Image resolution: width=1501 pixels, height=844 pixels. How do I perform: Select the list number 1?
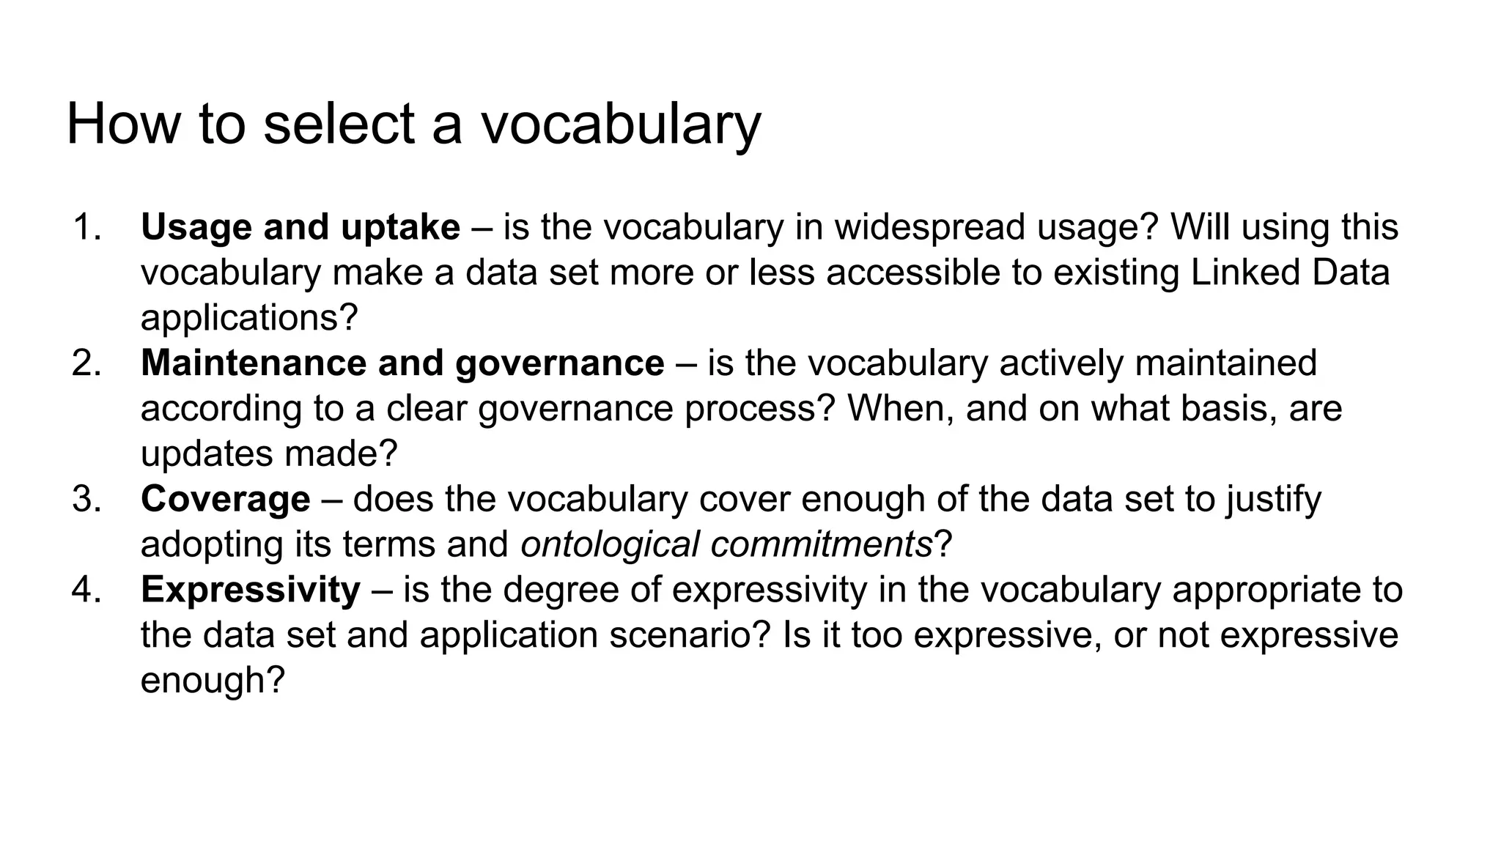[87, 227]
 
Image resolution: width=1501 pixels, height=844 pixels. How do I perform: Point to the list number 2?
[87, 363]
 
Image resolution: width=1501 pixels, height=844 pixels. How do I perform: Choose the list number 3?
[87, 499]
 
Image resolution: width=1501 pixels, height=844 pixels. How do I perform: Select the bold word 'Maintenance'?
[255, 363]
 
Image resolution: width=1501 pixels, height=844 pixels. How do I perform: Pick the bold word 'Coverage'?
[226, 499]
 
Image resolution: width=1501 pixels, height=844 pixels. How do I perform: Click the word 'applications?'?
[249, 318]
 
